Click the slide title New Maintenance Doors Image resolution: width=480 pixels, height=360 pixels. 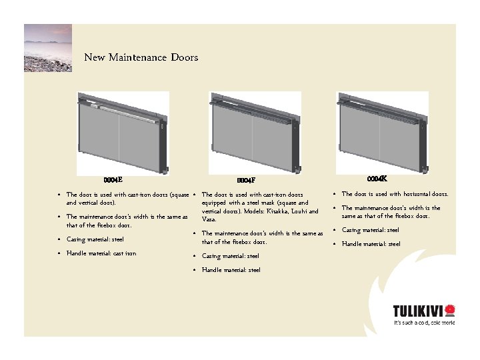pos(141,57)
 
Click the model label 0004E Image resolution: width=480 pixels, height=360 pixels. pos(113,179)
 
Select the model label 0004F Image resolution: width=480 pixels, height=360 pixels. pos(246,180)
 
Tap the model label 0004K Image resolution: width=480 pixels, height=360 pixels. pos(377,179)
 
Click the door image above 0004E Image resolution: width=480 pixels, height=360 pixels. pos(123,132)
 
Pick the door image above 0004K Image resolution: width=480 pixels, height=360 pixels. pos(382,132)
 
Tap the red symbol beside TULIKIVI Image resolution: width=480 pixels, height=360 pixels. pos(449,310)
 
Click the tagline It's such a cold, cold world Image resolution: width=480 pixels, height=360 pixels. pos(423,323)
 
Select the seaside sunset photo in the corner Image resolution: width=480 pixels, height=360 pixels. pos(48,48)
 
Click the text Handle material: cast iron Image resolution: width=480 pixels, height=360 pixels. pos(101,253)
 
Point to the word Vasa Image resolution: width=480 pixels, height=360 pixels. pos(208,219)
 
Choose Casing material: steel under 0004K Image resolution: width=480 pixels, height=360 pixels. pos(370,230)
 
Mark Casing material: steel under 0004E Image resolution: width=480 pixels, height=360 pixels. pos(95,239)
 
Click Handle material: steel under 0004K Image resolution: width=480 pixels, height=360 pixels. pos(371,244)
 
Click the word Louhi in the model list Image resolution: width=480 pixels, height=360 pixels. pos(297,211)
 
